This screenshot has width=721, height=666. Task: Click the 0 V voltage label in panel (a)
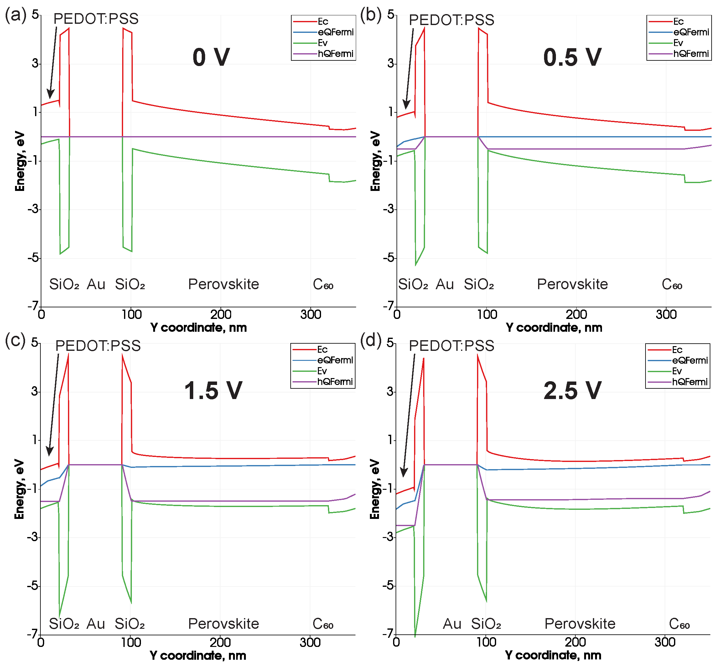point(211,57)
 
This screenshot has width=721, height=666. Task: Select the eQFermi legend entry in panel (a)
point(335,32)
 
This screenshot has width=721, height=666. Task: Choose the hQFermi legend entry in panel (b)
point(691,54)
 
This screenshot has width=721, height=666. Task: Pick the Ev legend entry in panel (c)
point(322,371)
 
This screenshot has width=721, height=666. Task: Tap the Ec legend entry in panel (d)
point(677,350)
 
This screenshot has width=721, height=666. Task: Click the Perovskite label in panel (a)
point(223,284)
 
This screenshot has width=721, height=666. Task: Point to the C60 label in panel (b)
point(672,285)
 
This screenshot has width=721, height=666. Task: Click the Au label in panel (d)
point(452,624)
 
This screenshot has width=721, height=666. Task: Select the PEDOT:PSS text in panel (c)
point(98,346)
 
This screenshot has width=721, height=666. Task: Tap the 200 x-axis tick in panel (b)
point(576,315)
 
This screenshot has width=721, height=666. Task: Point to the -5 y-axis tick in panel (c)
point(33,586)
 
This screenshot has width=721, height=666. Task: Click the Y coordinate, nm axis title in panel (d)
point(553,655)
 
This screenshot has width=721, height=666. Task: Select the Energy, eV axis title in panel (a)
point(20,161)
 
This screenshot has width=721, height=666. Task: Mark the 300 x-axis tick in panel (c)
point(310,643)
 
